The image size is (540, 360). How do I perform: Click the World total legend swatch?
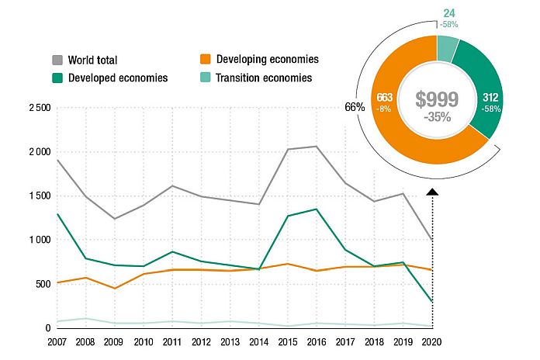57,60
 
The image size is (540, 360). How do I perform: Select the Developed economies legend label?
118,78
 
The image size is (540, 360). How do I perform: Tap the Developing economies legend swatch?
205,60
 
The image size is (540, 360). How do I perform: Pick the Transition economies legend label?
265,78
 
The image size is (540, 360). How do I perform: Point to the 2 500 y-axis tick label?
36,108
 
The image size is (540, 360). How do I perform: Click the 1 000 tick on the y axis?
36,241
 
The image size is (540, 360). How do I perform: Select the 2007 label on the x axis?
57,342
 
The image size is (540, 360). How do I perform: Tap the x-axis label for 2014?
259,342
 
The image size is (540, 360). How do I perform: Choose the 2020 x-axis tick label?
431,342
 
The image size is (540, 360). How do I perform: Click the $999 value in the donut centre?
438,99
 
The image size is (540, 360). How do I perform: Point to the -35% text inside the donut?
438,117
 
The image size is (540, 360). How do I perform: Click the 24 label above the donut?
449,13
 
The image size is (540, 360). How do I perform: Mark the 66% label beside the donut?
355,107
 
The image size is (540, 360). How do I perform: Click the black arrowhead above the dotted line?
432,191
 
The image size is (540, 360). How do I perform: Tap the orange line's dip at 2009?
115,289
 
